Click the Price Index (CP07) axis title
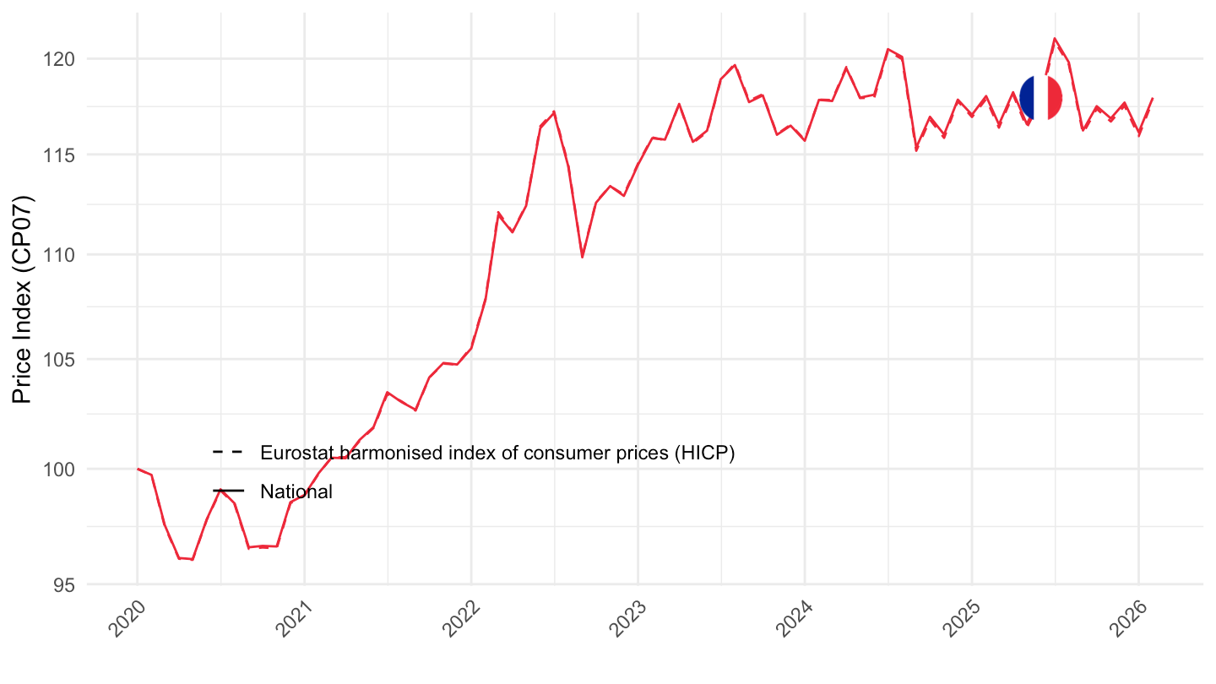coord(24,300)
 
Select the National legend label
coord(296,491)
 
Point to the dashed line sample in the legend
coord(228,453)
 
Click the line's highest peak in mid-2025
coord(1055,38)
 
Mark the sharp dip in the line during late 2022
coord(582,257)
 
